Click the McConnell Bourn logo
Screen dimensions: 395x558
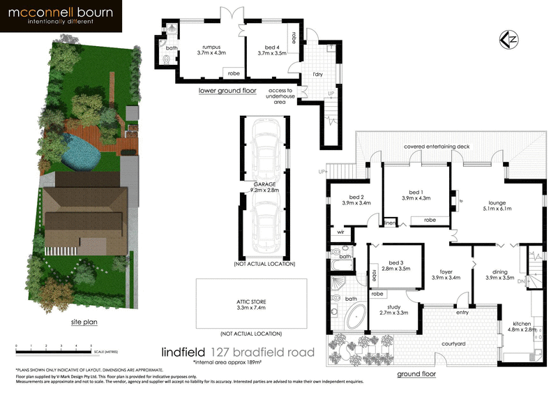[61, 17]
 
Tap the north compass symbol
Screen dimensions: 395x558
[509, 39]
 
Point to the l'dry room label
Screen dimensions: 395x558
[317, 73]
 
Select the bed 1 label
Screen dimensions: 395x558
[416, 195]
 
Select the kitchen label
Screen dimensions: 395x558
[522, 327]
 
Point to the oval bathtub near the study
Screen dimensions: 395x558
[354, 318]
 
